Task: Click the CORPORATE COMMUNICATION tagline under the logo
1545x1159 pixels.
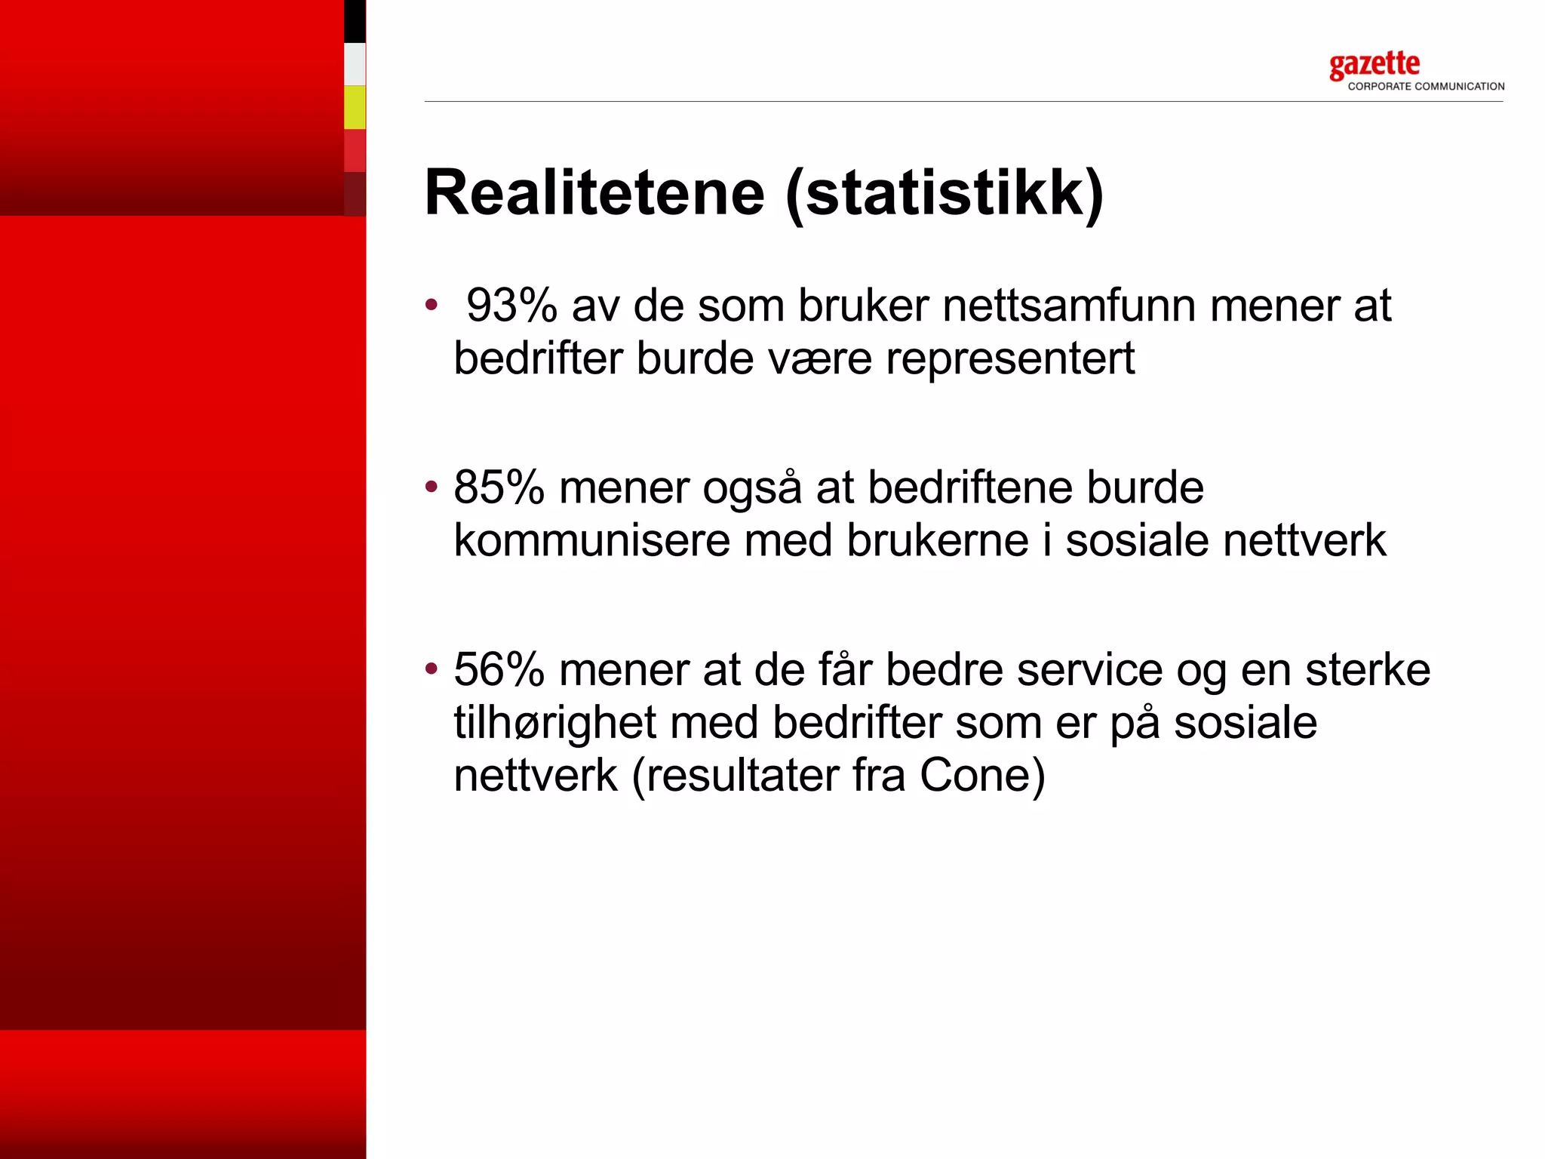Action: click(x=1426, y=87)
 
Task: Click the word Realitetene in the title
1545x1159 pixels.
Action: click(x=594, y=192)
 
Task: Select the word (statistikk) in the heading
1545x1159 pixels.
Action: click(x=944, y=194)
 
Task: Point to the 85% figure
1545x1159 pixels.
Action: click(x=499, y=487)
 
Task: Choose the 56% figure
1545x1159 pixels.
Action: click(x=499, y=669)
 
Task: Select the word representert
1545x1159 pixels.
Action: click(x=1010, y=358)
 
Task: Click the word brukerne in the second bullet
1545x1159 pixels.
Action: click(x=937, y=541)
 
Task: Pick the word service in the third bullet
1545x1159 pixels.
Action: click(x=1089, y=669)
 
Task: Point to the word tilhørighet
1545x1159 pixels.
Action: click(x=554, y=723)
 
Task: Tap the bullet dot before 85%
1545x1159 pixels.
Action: click(x=432, y=486)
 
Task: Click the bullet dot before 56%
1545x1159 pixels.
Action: click(x=432, y=668)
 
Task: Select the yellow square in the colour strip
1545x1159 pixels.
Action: click(x=355, y=107)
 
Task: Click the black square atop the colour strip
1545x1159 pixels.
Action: click(x=355, y=21)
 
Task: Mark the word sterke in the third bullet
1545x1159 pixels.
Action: click(x=1367, y=669)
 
